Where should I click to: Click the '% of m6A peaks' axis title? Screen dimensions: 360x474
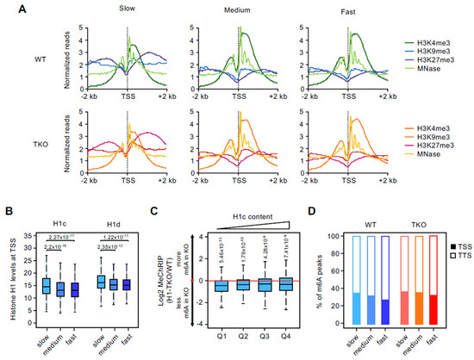(x=307, y=276)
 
